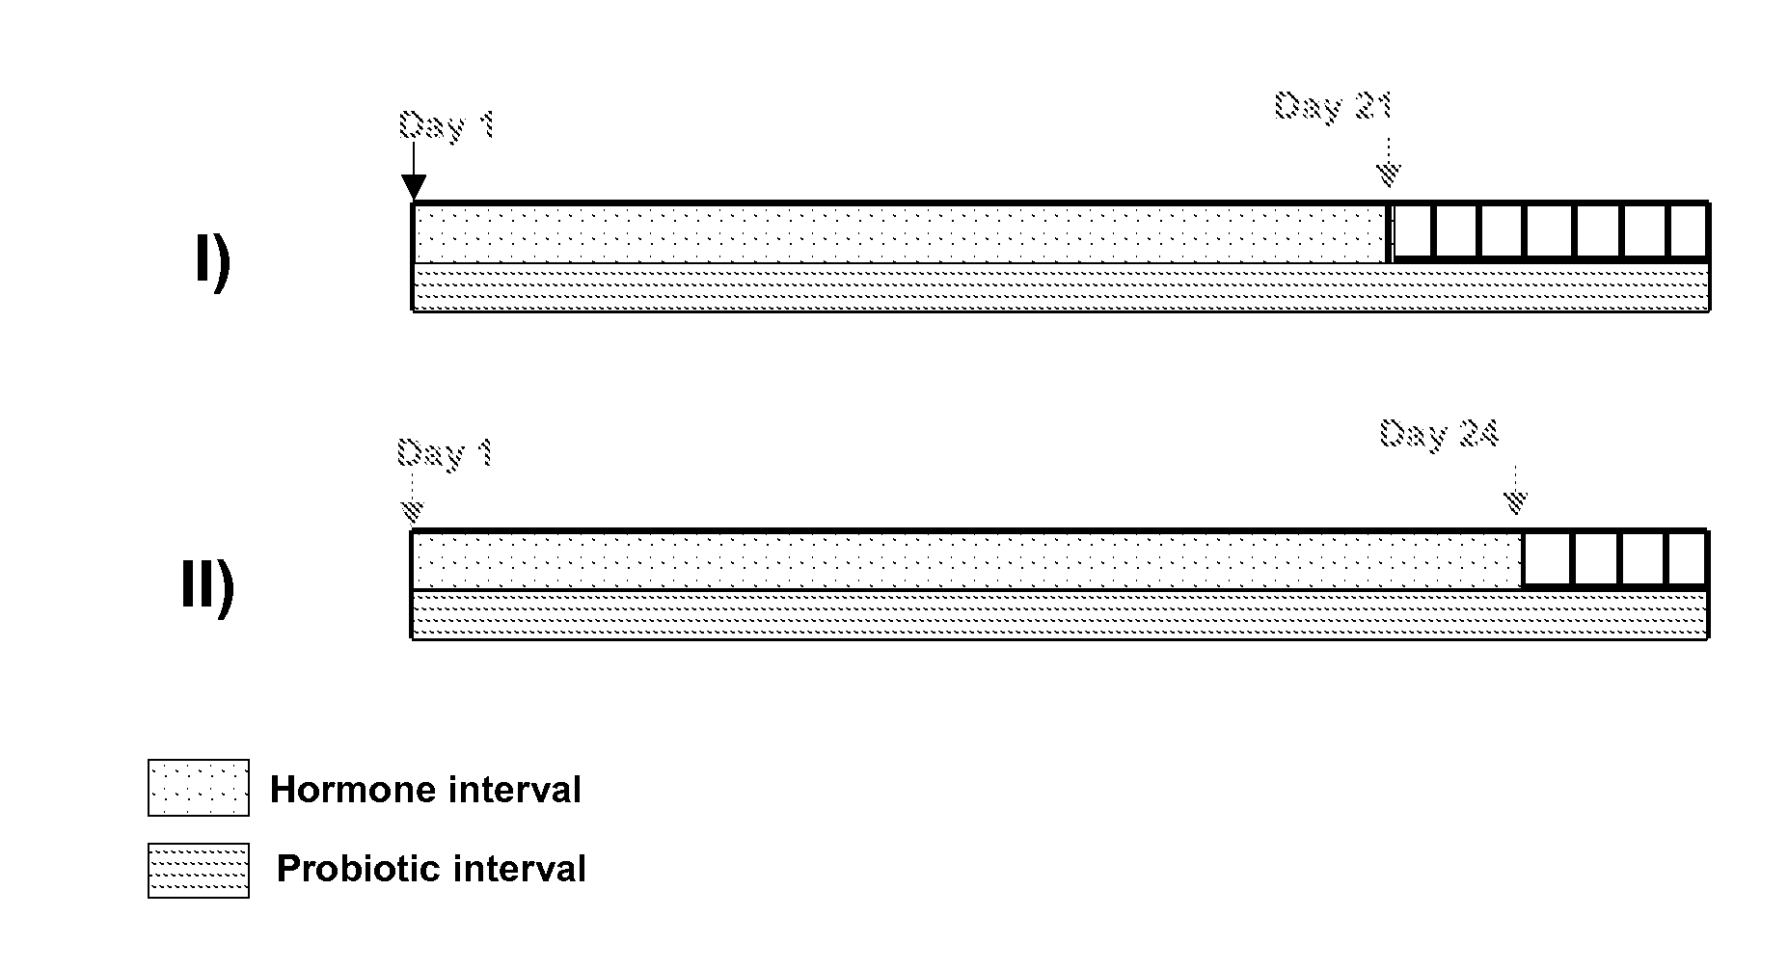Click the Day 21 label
tap(1333, 106)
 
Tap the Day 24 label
tap(1439, 434)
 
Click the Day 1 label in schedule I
tap(447, 125)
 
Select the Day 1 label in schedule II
tap(446, 453)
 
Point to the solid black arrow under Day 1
tap(413, 174)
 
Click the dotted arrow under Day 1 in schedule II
tap(413, 497)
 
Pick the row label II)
tap(207, 587)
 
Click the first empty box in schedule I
tap(1413, 231)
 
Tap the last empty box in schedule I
tap(1688, 231)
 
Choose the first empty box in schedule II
tap(1547, 558)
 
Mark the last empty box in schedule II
tap(1688, 558)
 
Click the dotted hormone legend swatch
tap(199, 788)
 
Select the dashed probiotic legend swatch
tap(199, 871)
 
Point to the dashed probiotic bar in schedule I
tap(1061, 287)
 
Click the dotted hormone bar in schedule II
tap(964, 559)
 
